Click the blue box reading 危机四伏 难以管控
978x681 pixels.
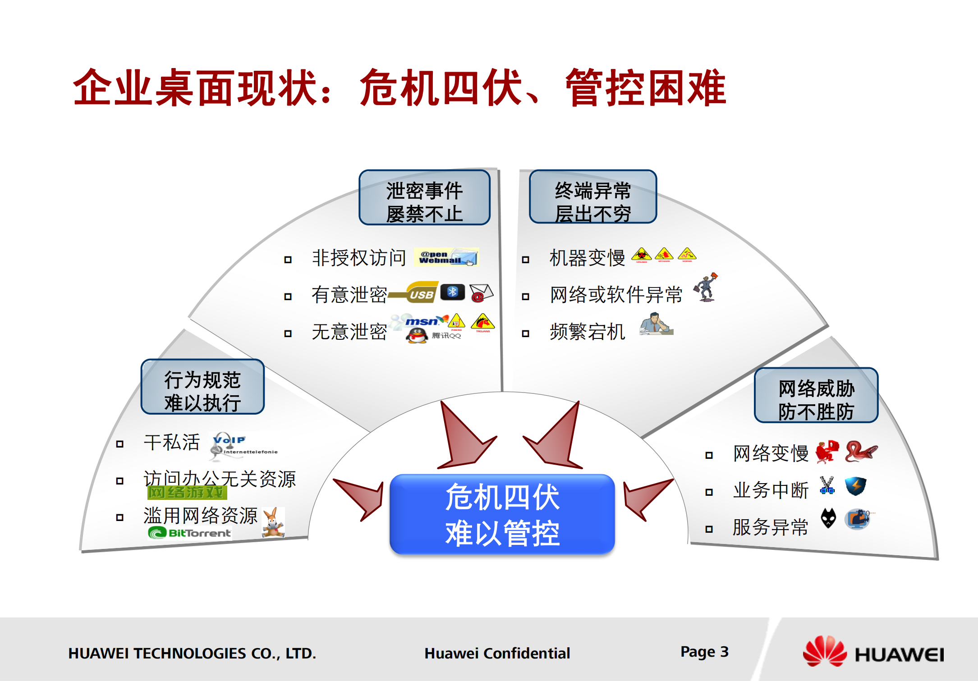tap(502, 514)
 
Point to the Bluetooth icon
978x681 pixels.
tap(452, 292)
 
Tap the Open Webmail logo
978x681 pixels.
tap(446, 257)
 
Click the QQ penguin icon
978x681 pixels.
tap(417, 335)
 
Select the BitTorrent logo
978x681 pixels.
tap(190, 533)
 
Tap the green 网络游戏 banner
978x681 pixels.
tap(187, 492)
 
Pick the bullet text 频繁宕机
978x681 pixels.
tap(587, 332)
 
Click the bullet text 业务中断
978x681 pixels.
tap(771, 490)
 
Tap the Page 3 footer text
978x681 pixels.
tap(704, 652)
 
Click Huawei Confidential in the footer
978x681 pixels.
tap(497, 653)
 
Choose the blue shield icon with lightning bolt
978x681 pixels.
tap(855, 486)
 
